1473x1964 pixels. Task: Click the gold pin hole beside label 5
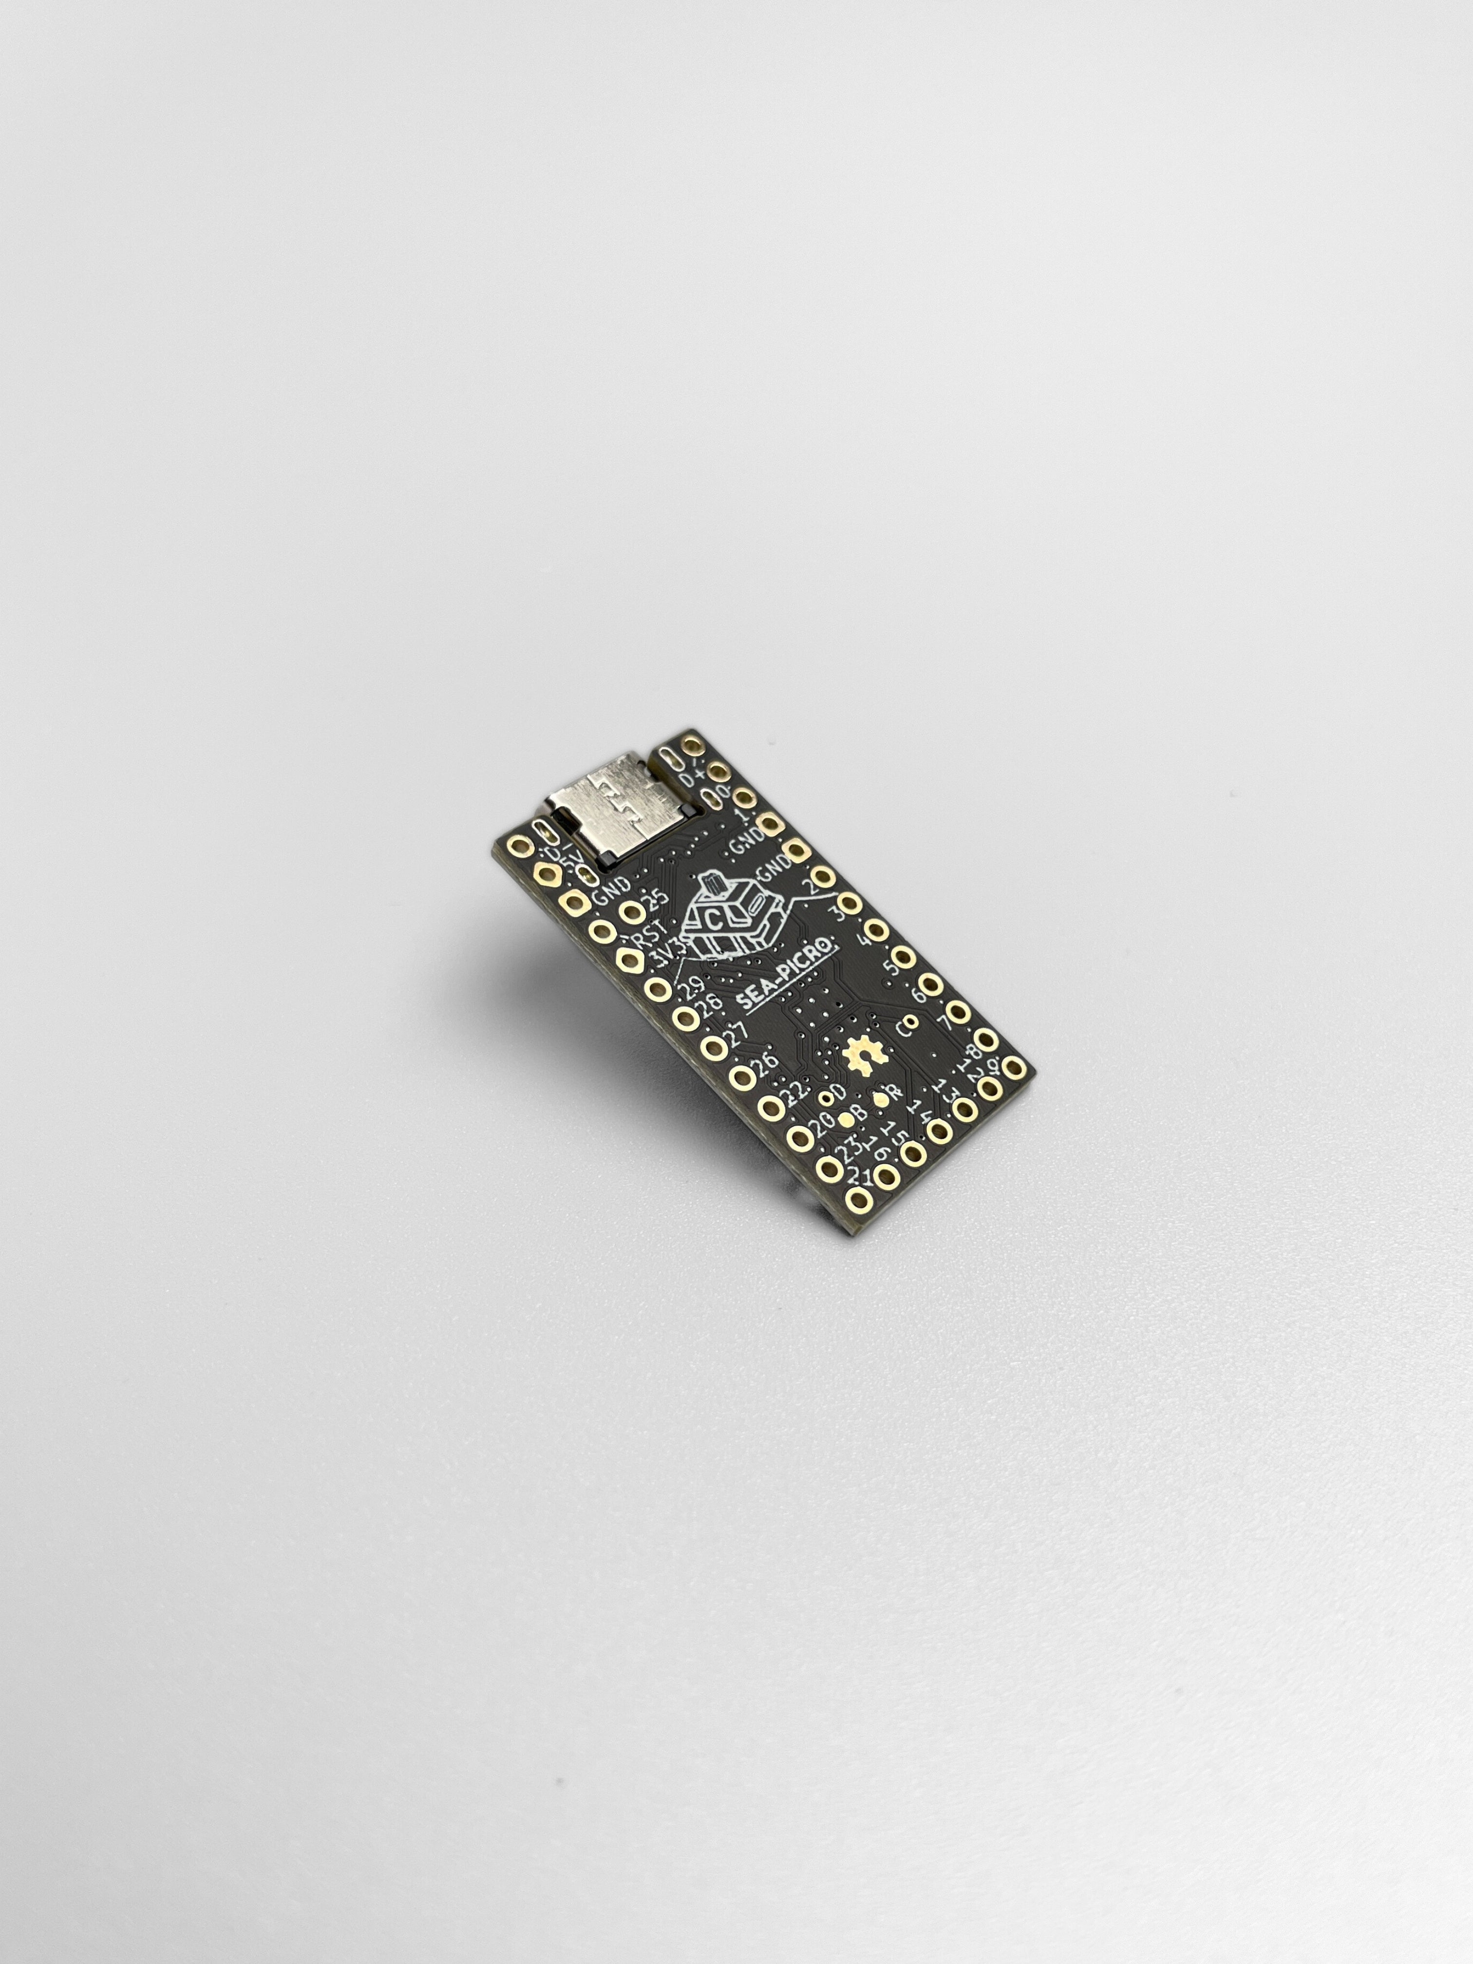tap(903, 956)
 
